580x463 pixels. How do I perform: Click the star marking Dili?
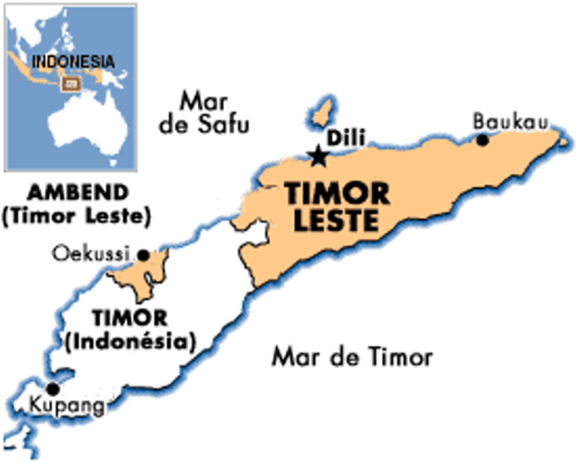317,156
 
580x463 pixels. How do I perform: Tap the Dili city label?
343,138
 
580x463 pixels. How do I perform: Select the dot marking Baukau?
483,140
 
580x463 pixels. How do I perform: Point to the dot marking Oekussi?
143,254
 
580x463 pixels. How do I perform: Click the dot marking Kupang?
53,388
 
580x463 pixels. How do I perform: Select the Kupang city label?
68,407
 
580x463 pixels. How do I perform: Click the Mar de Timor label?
352,357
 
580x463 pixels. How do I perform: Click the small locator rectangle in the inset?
71,83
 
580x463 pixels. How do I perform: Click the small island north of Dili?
319,113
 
